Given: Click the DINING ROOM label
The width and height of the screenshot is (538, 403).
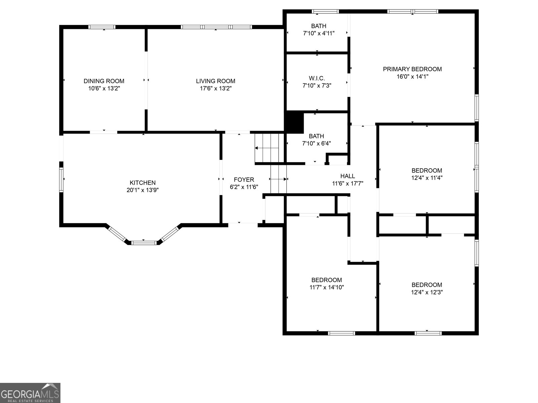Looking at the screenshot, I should pos(104,81).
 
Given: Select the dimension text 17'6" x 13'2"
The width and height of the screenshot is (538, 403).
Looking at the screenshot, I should pos(216,88).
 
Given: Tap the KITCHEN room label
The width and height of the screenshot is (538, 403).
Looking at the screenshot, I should pos(143,183).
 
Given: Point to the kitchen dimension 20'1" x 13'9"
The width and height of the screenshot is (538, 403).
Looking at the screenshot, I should pos(143,190).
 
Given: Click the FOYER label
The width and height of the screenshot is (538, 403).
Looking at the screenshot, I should pos(244,180).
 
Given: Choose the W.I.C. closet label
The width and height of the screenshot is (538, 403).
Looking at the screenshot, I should pos(317,78).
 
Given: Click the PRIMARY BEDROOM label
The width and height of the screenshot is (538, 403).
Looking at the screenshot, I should pos(412,69).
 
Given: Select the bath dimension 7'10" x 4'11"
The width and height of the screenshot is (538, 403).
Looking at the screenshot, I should pos(318,33).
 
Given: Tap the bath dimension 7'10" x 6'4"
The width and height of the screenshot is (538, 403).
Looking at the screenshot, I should pos(316,143).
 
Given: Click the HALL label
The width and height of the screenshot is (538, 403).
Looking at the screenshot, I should pos(347,176).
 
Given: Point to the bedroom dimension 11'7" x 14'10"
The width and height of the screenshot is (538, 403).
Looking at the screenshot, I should pos(326,287).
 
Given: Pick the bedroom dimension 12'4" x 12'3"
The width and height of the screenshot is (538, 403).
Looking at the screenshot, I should pos(427,292).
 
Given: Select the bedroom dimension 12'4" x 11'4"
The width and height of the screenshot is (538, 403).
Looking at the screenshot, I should pos(427,178).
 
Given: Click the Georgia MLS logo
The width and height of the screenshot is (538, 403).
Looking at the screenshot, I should pos(30,393).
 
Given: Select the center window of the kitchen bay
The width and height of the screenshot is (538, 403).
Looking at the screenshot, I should pos(144,242).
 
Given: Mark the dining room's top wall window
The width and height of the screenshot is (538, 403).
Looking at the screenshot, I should pos(102,27).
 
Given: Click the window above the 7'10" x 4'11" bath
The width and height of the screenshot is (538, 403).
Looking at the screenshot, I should pos(325,12).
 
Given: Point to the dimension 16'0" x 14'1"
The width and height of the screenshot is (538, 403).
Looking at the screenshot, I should pos(412,76).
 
